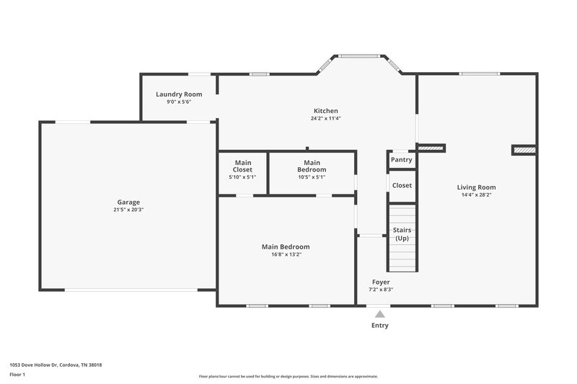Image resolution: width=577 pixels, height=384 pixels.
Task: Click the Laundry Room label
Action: [x=179, y=94]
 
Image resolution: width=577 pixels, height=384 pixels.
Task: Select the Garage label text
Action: [x=129, y=202]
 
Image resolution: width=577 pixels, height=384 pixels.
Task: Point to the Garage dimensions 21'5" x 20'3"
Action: [x=129, y=210]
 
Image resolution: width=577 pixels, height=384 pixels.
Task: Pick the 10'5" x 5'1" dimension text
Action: [x=312, y=177]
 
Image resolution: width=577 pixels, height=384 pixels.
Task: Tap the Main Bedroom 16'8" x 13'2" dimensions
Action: [x=286, y=254]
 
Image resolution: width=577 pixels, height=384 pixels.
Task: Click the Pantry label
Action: [x=401, y=160]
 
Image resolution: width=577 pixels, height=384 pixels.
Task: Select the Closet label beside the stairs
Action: [x=402, y=185]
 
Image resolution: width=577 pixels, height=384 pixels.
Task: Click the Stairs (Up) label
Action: [x=402, y=233]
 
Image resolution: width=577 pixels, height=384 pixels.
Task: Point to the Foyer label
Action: [x=381, y=282]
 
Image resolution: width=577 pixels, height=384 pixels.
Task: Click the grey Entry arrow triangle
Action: [x=380, y=313]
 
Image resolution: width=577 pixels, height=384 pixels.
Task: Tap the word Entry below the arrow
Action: [x=380, y=326]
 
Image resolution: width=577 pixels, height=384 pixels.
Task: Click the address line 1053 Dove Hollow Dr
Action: [x=56, y=365]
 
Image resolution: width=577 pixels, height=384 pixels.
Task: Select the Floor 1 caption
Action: [x=18, y=375]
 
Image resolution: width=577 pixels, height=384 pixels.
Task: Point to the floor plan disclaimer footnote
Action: [x=288, y=376]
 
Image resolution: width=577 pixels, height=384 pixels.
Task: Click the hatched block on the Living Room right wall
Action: [x=524, y=150]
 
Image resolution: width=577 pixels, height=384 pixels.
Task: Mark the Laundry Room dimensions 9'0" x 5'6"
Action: [x=179, y=102]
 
